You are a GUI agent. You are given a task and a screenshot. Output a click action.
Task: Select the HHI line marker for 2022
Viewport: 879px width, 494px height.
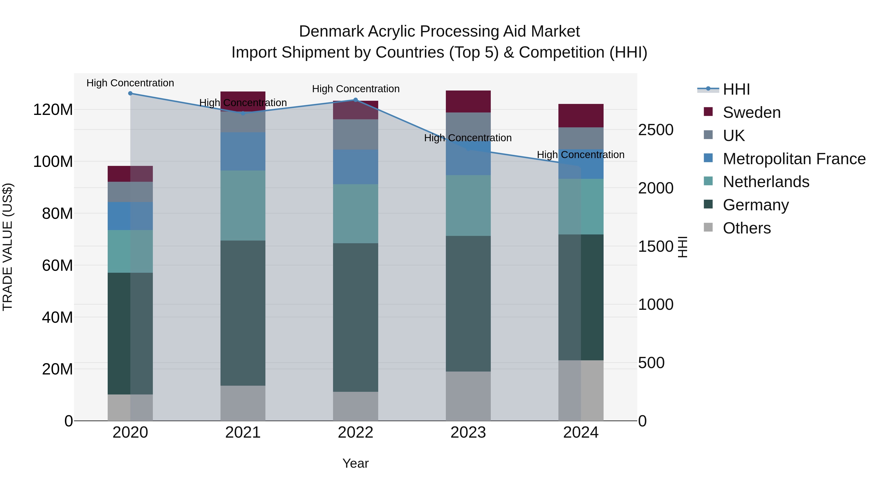point(356,100)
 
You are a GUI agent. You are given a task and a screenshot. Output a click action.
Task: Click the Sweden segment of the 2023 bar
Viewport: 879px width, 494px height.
point(468,101)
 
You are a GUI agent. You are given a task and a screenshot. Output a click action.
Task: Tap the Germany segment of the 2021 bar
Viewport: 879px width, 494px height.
point(243,313)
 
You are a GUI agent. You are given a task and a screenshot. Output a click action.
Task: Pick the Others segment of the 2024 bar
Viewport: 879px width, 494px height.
point(581,390)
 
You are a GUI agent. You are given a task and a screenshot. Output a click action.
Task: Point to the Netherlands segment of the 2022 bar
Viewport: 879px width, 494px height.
point(356,214)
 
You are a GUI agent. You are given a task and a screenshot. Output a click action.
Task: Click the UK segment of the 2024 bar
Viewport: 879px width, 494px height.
point(581,138)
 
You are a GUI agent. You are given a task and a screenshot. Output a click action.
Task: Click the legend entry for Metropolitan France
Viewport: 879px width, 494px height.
point(794,159)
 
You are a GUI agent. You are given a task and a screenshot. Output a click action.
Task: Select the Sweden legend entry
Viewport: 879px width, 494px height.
point(751,112)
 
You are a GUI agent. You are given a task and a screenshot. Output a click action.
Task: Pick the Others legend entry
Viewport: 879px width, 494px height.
point(747,228)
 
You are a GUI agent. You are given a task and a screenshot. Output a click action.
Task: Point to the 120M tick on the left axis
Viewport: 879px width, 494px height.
point(53,110)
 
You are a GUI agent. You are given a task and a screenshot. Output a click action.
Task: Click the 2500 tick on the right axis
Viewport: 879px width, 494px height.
point(656,130)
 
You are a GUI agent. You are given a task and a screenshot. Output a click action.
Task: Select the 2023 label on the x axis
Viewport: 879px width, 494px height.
point(468,433)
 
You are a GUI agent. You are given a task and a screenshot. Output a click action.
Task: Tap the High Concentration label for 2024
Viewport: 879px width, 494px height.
point(581,154)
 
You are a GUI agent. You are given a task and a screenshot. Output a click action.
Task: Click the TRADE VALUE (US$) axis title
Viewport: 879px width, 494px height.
point(8,247)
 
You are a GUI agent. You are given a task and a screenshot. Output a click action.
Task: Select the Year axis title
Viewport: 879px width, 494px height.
point(356,463)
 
